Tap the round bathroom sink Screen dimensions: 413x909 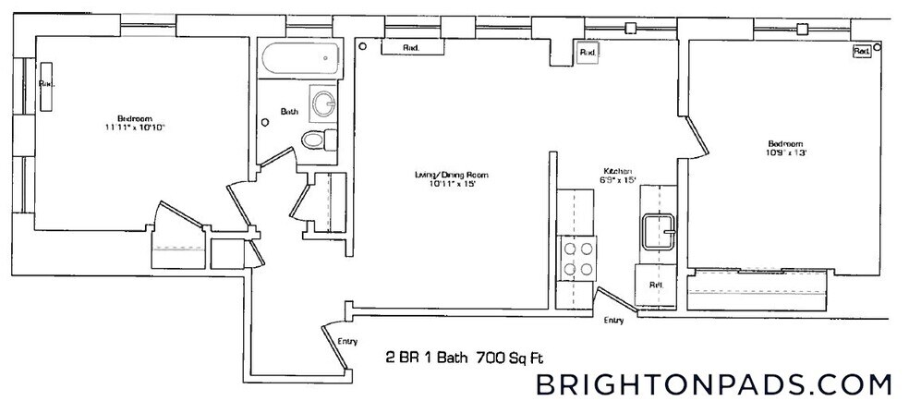pos(323,103)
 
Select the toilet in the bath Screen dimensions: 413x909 pos(317,140)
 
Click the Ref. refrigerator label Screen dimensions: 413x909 pos(656,285)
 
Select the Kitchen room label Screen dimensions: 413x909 pos(617,172)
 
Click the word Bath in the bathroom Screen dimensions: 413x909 pos(290,112)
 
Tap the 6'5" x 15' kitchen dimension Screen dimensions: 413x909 pos(617,181)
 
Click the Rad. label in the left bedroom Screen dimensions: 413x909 pos(46,84)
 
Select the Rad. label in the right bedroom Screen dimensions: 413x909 pos(861,52)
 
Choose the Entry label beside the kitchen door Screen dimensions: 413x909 pos(613,321)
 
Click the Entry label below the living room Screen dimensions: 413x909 pos(347,342)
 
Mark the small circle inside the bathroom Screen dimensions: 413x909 pos(266,119)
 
